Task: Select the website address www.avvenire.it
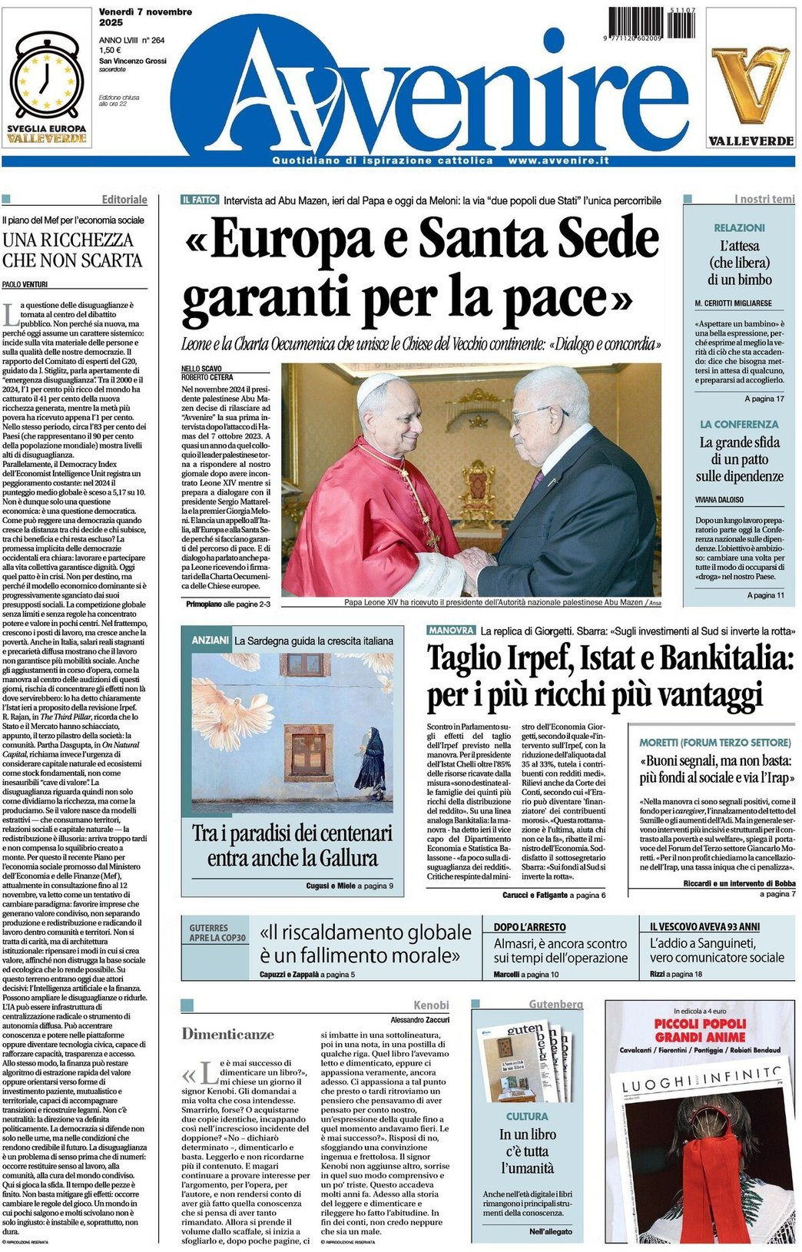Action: click(x=558, y=161)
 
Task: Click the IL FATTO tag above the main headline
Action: click(x=200, y=200)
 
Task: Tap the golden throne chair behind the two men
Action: click(x=478, y=492)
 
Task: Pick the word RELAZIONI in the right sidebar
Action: click(x=739, y=228)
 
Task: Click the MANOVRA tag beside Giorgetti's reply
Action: click(x=452, y=630)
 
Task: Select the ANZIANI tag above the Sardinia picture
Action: click(x=210, y=640)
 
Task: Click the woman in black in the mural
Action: click(x=372, y=763)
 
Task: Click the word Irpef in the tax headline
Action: click(x=528, y=658)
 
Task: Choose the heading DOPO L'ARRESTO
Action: click(x=529, y=927)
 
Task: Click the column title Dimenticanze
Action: click(x=227, y=1034)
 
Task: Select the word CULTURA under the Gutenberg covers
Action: click(x=527, y=1116)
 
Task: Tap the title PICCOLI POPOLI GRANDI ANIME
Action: click(x=700, y=1030)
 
